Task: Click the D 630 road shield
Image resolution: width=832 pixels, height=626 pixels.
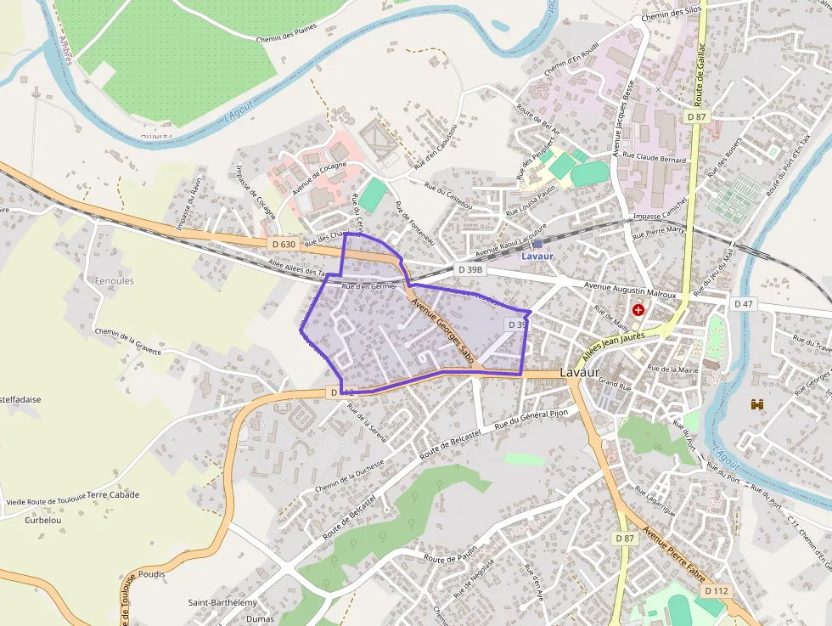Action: (x=284, y=244)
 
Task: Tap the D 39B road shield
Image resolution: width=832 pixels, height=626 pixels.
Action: (x=469, y=269)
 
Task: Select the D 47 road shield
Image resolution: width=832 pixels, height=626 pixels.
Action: (x=743, y=303)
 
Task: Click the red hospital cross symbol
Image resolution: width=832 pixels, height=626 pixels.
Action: (x=638, y=311)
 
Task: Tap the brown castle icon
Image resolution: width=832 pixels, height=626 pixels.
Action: (x=757, y=404)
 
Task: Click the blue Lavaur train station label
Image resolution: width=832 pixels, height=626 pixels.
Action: (x=537, y=256)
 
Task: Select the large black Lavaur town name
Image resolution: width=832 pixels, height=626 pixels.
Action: (x=581, y=373)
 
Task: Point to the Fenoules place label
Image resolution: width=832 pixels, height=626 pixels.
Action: (x=115, y=280)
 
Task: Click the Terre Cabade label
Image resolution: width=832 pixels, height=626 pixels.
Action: (x=113, y=494)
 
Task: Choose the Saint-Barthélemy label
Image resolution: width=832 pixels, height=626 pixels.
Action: (x=222, y=602)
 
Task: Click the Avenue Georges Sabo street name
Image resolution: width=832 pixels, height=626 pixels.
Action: (x=441, y=331)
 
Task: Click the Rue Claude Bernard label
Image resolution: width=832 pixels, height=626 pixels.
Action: (x=654, y=158)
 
